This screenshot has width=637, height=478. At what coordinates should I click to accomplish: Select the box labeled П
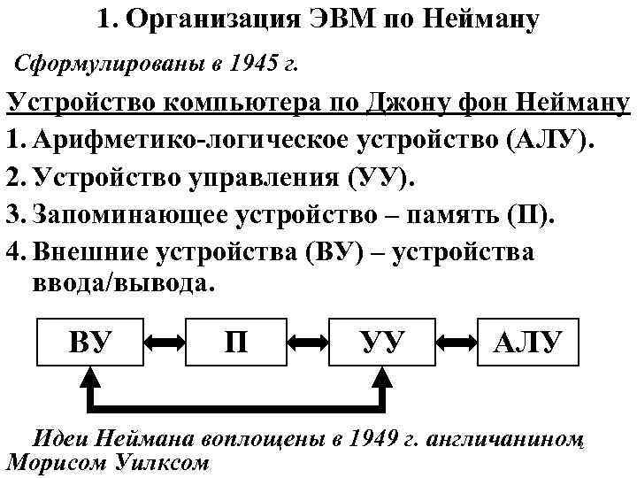click(236, 340)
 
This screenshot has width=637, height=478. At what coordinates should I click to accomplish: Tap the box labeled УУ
click(382, 340)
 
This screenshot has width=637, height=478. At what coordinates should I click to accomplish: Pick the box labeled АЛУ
click(533, 340)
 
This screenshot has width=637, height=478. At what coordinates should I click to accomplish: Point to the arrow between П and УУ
click(309, 340)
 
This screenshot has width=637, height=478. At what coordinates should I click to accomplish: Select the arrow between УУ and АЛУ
click(457, 340)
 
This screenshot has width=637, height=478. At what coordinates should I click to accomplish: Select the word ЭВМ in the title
click(341, 19)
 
